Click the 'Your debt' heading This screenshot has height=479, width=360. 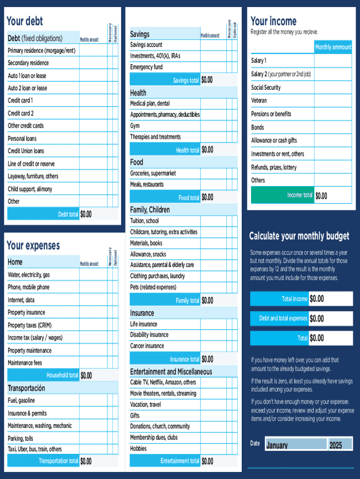point(25,21)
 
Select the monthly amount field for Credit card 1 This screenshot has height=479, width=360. point(93,101)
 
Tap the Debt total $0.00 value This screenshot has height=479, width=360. point(86,214)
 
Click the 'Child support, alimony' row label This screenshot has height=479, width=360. point(30,189)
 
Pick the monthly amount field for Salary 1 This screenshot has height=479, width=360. point(332,61)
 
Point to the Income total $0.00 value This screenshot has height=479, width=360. point(321,196)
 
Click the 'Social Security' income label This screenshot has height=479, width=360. point(266,87)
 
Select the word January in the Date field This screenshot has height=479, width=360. point(277,445)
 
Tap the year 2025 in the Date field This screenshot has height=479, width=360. point(335,445)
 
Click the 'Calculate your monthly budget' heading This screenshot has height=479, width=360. point(299,236)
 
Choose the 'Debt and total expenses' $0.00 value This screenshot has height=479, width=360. point(317,319)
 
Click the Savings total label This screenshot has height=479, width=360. point(186,80)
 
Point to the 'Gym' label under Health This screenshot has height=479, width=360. point(135,126)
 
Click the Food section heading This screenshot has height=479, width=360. point(137,162)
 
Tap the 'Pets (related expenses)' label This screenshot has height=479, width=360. point(153,287)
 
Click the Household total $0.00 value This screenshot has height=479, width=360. point(86,375)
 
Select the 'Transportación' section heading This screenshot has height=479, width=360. point(26,388)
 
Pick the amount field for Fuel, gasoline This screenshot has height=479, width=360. point(93,400)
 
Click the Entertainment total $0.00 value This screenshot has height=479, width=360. point(207,461)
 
